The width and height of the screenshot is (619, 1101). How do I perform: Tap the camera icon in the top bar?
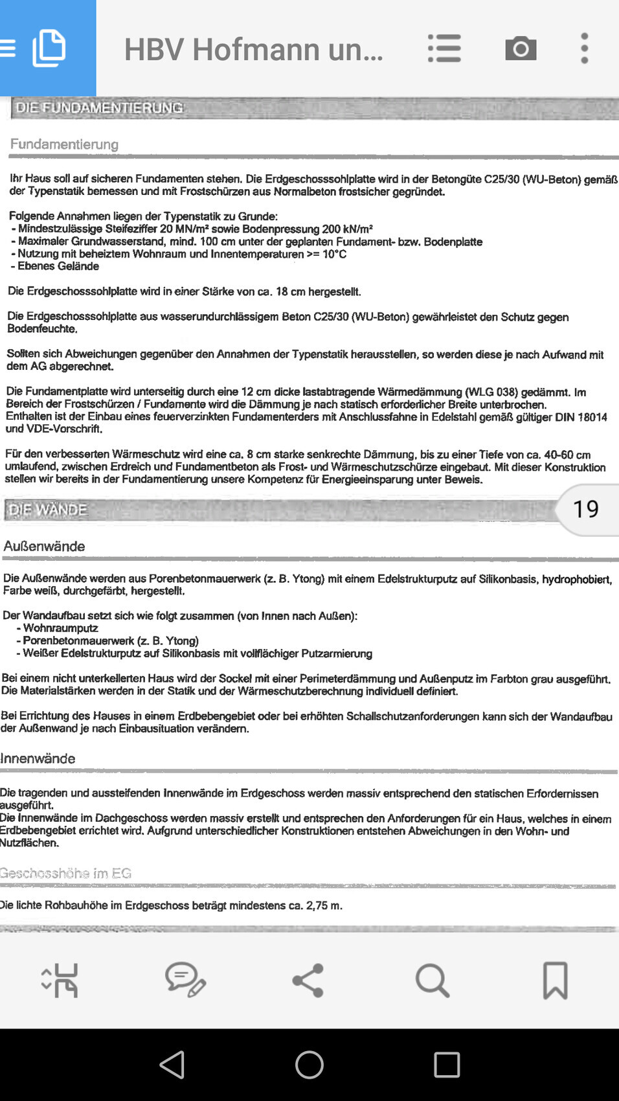click(x=521, y=49)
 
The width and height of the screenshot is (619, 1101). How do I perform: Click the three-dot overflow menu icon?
click(x=584, y=49)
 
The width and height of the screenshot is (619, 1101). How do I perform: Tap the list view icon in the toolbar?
click(x=444, y=49)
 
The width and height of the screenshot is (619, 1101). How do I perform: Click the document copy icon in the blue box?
click(x=49, y=48)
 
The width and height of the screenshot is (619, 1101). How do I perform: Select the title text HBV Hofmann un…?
click(x=253, y=49)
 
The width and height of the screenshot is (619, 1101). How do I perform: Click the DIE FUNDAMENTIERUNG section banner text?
click(x=99, y=108)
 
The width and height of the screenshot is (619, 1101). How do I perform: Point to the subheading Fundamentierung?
click(x=64, y=144)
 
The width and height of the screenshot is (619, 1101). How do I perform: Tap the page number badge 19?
click(x=586, y=509)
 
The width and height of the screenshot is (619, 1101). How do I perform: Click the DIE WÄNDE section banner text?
click(x=48, y=510)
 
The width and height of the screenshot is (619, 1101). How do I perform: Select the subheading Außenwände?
click(x=44, y=546)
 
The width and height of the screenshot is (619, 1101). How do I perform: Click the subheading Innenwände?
click(x=38, y=758)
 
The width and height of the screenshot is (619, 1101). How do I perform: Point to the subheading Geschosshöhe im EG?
click(x=65, y=873)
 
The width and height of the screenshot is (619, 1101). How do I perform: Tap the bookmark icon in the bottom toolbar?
click(x=555, y=980)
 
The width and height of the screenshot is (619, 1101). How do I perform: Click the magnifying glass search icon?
click(x=432, y=980)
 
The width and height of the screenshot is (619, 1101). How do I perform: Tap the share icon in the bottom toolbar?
click(x=308, y=980)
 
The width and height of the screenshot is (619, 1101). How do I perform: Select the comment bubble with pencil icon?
click(x=185, y=980)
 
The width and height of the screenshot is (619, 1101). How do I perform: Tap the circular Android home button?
click(x=309, y=1065)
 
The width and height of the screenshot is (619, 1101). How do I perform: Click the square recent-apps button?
click(x=447, y=1065)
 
